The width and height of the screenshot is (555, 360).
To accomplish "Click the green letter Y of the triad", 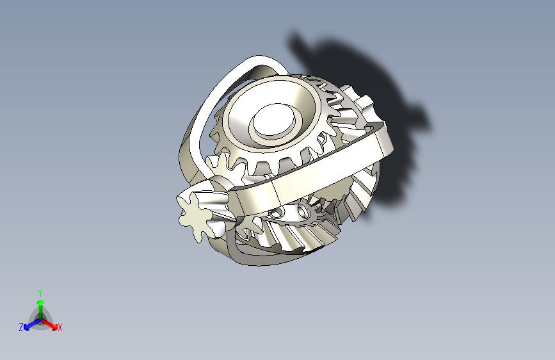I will tap(40, 292).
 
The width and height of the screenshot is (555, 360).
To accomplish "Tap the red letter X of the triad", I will tap(60, 328).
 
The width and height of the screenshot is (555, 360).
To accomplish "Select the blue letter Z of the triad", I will tap(21, 327).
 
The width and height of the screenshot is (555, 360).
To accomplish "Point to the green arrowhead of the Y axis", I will tap(40, 302).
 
